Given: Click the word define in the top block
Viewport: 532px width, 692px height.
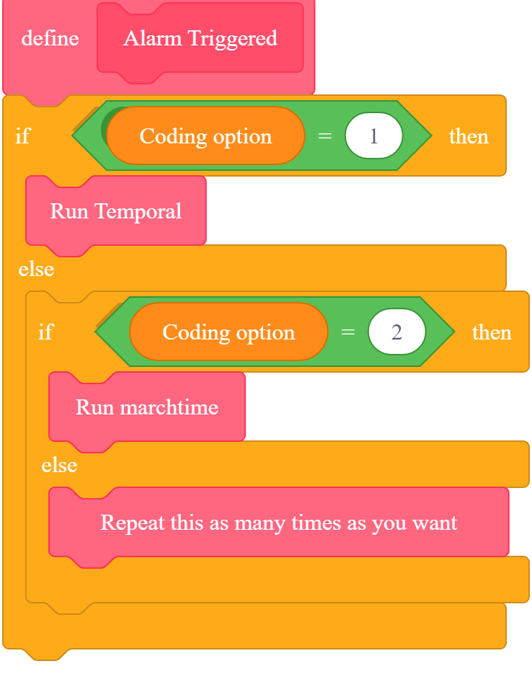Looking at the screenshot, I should pyautogui.click(x=50, y=38).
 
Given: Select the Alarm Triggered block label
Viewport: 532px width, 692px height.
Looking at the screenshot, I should pyautogui.click(x=200, y=38).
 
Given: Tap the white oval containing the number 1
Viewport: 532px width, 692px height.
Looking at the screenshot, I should pyautogui.click(x=373, y=136).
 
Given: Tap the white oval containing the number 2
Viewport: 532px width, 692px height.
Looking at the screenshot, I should pyautogui.click(x=396, y=332).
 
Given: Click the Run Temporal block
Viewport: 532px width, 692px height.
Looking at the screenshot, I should pyautogui.click(x=115, y=211).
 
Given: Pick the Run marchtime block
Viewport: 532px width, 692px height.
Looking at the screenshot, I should pyautogui.click(x=146, y=407).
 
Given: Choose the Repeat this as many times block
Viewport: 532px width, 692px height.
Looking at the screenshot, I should pyautogui.click(x=278, y=522).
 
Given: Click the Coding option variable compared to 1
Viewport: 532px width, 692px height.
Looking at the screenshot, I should pyautogui.click(x=205, y=136).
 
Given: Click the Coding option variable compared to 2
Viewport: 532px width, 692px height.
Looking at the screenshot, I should pyautogui.click(x=229, y=332).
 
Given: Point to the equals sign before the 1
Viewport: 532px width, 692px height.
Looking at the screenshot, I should pyautogui.click(x=325, y=136).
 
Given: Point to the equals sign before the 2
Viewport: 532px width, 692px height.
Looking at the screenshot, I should pyautogui.click(x=348, y=332).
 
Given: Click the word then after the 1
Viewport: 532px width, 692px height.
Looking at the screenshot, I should pyautogui.click(x=469, y=136).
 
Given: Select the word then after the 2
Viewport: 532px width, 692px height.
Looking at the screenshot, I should pyautogui.click(x=492, y=332).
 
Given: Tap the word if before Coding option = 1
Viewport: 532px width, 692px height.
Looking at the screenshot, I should pyautogui.click(x=22, y=136).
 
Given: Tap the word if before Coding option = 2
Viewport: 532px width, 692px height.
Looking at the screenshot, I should pyautogui.click(x=45, y=332).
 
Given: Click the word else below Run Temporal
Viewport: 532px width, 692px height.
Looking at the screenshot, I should pyautogui.click(x=36, y=269).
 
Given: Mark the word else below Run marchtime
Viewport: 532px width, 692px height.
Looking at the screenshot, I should pyautogui.click(x=59, y=465).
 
